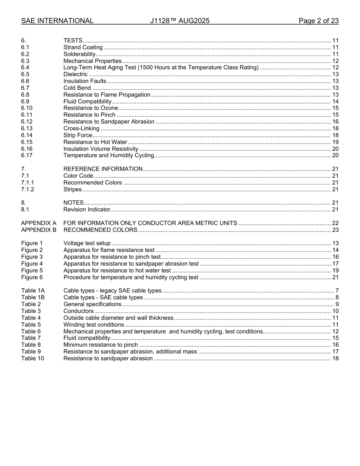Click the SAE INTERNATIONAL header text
pyautogui.click(x=57, y=21)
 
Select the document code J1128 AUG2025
pyautogui.click(x=180, y=21)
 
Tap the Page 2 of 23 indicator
pyautogui.click(x=318, y=21)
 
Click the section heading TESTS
pyautogui.click(x=73, y=41)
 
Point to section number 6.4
pyautogui.click(x=25, y=67)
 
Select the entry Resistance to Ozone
pyautogui.click(x=91, y=108)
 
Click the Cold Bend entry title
pyautogui.click(x=77, y=88)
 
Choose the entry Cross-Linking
pyautogui.click(x=81, y=128)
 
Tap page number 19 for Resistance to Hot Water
pyautogui.click(x=335, y=142)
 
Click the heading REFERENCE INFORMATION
pyautogui.click(x=103, y=169)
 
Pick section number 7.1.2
pyautogui.click(x=27, y=189)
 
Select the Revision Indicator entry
pyautogui.click(x=87, y=210)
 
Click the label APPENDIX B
pyautogui.click(x=39, y=230)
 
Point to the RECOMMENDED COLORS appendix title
pyautogui.click(x=100, y=230)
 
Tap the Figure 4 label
pyautogui.click(x=32, y=264)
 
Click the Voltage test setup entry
pyautogui.click(x=87, y=243)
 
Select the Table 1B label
pyautogui.click(x=33, y=297)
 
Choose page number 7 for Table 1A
pyautogui.click(x=337, y=291)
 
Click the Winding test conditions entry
pyautogui.click(x=94, y=325)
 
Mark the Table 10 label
pyautogui.click(x=33, y=358)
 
